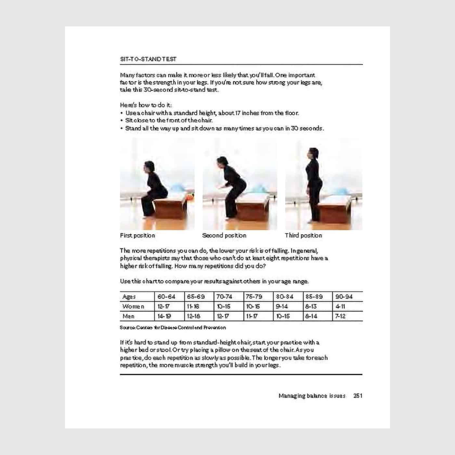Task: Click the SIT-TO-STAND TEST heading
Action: (148, 59)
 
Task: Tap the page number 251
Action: (357, 396)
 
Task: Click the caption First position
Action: (137, 235)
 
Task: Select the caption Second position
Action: (224, 235)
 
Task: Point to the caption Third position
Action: (303, 235)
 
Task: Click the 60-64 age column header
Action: (166, 297)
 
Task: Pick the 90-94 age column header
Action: (344, 297)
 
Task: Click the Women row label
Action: (133, 306)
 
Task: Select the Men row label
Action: (128, 316)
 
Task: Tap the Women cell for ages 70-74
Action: (223, 306)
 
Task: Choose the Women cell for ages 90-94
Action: (340, 306)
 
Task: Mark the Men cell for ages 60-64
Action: (164, 316)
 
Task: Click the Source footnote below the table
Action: (173, 328)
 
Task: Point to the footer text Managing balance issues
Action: (312, 396)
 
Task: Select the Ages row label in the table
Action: (129, 297)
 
